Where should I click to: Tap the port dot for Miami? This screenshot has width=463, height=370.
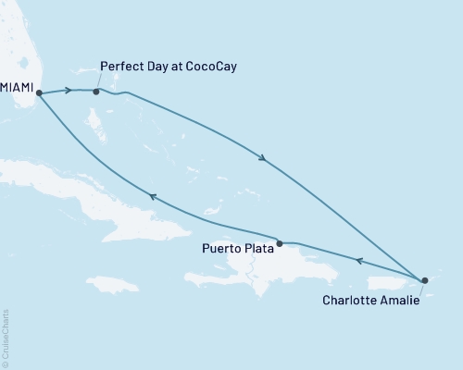pyautogui.click(x=39, y=92)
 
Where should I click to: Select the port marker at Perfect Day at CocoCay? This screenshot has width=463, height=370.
pyautogui.click(x=96, y=92)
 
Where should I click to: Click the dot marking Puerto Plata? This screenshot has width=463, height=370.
pyautogui.click(x=280, y=243)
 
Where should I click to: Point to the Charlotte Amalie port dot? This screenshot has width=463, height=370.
pyautogui.click(x=424, y=279)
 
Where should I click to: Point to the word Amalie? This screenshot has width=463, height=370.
pyautogui.click(x=400, y=300)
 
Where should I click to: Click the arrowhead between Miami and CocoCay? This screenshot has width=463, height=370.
pyautogui.click(x=68, y=91)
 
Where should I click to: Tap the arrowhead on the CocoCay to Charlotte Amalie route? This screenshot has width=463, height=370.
pyautogui.click(x=263, y=159)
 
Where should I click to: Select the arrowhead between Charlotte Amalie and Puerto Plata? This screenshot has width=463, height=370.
pyautogui.click(x=358, y=260)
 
